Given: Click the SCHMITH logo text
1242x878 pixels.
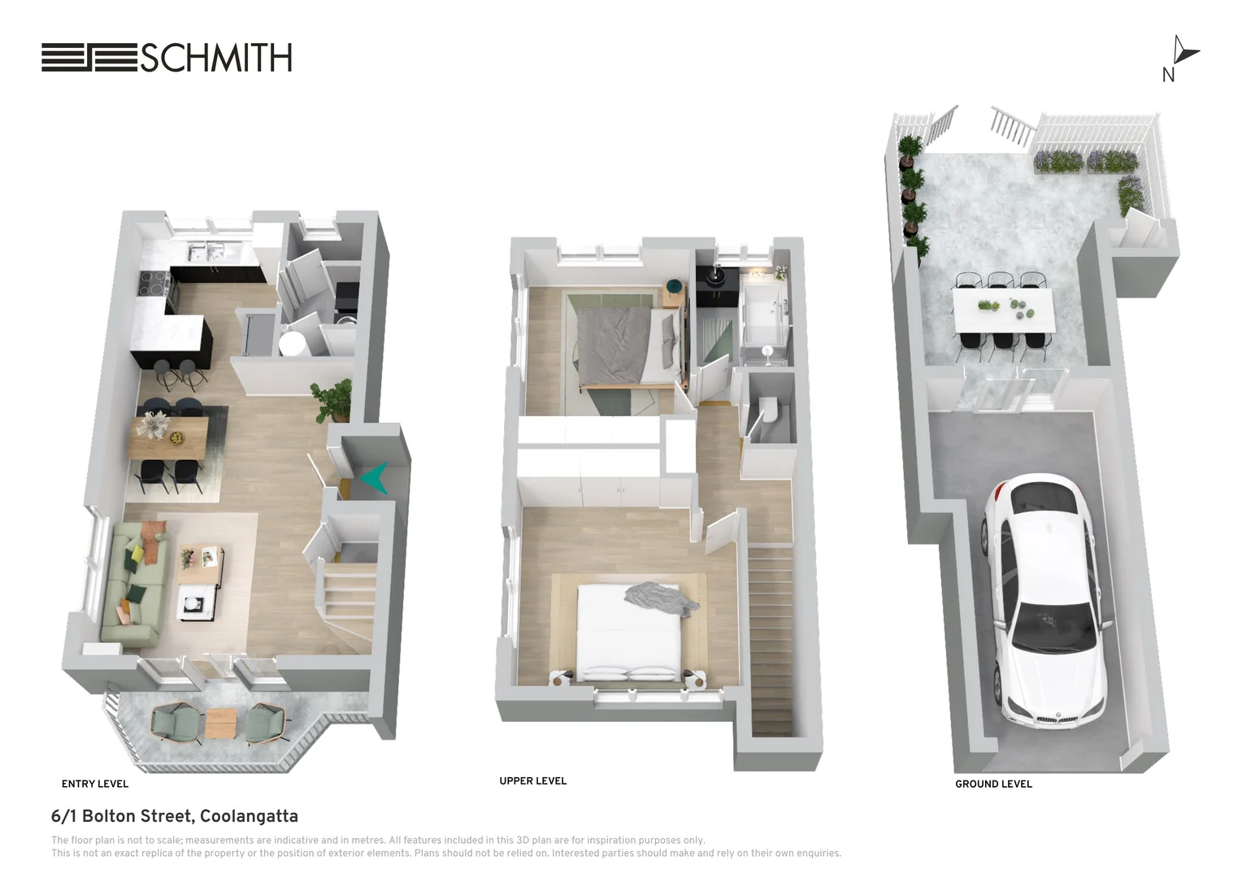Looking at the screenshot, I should (x=215, y=59).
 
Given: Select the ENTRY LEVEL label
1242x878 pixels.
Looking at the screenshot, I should (x=95, y=785).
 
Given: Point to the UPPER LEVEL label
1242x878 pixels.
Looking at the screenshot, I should (x=533, y=781).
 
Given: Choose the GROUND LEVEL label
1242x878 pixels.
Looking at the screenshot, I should (x=993, y=785).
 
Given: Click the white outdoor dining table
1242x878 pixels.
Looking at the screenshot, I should (x=1005, y=310).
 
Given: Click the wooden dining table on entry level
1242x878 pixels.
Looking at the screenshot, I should (x=169, y=436).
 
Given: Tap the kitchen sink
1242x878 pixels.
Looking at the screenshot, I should (x=206, y=252).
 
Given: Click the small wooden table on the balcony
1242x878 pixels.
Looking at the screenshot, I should (x=221, y=723).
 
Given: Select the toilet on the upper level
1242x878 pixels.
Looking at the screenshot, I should (x=769, y=414).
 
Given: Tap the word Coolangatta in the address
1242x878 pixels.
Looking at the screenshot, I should (x=249, y=816).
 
